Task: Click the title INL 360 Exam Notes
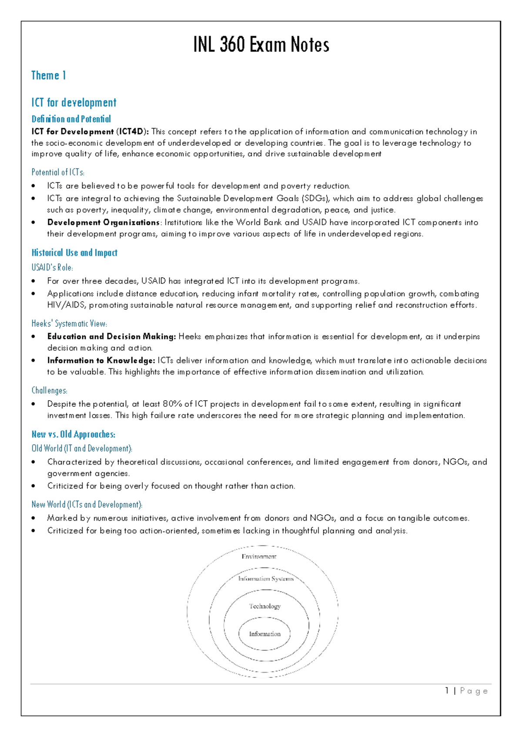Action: coord(261,45)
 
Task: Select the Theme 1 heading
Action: coord(48,76)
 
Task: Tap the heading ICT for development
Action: coord(74,103)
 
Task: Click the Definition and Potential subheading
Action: coord(71,119)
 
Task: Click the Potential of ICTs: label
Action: coord(58,172)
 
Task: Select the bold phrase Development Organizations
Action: coord(104,222)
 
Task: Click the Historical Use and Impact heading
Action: coord(74,253)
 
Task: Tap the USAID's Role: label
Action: coord(52,268)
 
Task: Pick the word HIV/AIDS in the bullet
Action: coord(67,305)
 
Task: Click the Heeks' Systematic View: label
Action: coord(69,323)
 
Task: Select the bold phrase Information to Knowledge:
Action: coord(101,361)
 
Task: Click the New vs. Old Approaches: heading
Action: coord(73,435)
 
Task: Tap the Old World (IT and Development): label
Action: coord(82,448)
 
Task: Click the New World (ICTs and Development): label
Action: coord(87,505)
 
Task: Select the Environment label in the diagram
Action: coord(259,557)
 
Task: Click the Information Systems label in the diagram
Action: coord(266,579)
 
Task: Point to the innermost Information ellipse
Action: coord(264,634)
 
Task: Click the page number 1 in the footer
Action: coord(447,691)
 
